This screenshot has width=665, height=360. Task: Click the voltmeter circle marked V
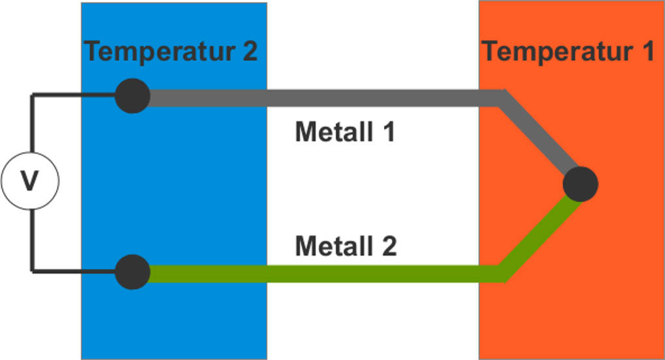coord(30,181)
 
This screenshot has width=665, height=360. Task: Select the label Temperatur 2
coord(171,52)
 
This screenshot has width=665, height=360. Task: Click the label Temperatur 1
coord(568,52)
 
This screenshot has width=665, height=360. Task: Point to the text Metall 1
coord(345,132)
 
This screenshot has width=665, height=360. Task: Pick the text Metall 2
coord(346,247)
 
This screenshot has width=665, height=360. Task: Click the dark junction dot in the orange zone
coord(580,184)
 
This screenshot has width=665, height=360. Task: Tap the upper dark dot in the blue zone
coord(132,97)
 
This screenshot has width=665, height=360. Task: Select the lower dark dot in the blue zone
coord(132,272)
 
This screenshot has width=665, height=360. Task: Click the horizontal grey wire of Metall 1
coord(326,98)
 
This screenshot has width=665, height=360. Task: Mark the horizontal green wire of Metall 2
coord(326,273)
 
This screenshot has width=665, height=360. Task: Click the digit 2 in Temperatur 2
coord(250,52)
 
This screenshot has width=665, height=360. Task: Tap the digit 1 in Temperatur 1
coord(645,52)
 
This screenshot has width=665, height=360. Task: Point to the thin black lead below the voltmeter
coord(31,241)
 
